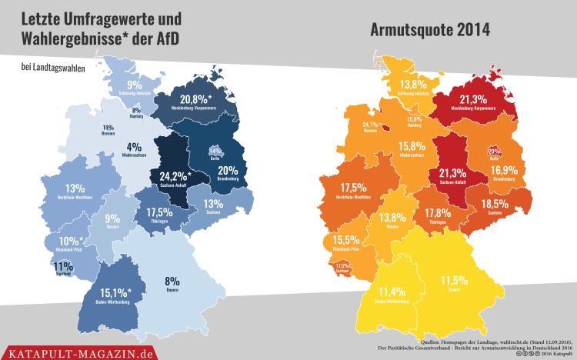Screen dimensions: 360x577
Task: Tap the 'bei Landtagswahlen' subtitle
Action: tap(54, 68)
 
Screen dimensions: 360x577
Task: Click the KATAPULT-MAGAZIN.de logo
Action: tap(79, 352)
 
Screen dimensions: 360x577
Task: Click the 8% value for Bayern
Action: tap(172, 281)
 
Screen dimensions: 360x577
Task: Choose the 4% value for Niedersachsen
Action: tap(134, 147)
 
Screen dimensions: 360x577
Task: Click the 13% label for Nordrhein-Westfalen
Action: tap(75, 188)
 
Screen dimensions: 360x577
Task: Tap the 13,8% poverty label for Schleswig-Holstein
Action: tap(412, 84)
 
